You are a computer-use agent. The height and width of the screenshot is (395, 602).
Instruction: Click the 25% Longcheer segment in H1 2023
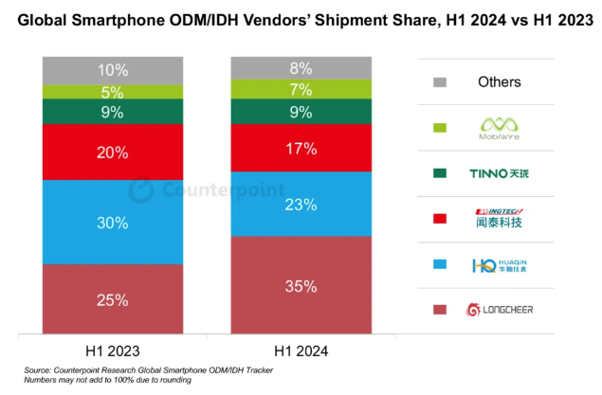click(x=113, y=299)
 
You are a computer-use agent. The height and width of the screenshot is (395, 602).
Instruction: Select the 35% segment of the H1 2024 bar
click(x=301, y=285)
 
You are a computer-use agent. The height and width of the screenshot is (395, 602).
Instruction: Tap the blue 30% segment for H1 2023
click(x=113, y=222)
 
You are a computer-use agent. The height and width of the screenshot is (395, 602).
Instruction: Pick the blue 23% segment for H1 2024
click(x=301, y=204)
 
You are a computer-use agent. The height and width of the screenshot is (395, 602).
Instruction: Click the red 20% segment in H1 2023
click(x=113, y=153)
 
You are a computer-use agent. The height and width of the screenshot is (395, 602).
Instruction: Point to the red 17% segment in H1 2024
click(x=301, y=149)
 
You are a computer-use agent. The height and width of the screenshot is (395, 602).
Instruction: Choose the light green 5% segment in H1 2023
click(x=113, y=92)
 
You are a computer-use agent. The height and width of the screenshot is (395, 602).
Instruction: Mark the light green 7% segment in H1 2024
click(x=301, y=89)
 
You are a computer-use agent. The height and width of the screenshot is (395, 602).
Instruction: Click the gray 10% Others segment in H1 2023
click(x=113, y=70)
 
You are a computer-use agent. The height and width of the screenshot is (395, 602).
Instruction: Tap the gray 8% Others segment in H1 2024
click(x=301, y=67)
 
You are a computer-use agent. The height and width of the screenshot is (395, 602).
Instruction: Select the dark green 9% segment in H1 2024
click(x=301, y=113)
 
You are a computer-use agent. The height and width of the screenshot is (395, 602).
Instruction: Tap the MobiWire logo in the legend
click(x=498, y=127)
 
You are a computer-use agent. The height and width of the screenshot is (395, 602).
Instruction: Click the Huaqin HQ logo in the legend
click(x=498, y=265)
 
